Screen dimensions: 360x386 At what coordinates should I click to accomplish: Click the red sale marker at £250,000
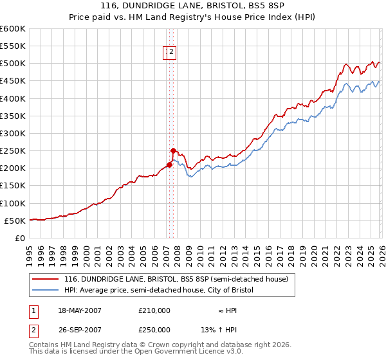[x=173, y=150]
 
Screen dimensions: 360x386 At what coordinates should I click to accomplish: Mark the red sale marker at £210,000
[x=169, y=165]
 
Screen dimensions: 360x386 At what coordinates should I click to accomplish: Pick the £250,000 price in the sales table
[x=154, y=330]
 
